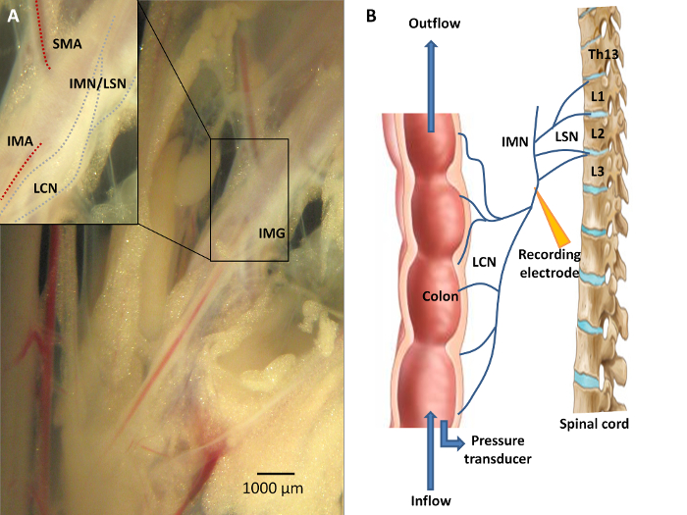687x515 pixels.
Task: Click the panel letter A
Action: tap(14, 16)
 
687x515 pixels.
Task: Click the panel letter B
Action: tap(371, 16)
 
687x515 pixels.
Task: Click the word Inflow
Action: tap(431, 500)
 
